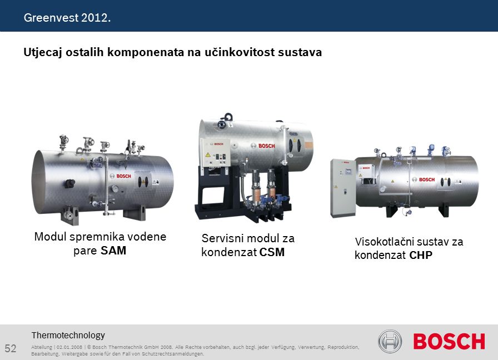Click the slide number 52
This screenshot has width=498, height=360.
11,348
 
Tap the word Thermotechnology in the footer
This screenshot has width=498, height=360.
68,335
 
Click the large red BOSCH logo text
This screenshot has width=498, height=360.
449,341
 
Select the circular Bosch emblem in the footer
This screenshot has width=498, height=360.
390,341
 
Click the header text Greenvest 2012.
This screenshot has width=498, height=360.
67,17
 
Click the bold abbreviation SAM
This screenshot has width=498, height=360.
113,251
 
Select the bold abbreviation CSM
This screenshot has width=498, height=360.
272,252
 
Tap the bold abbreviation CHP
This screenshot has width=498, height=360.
421,255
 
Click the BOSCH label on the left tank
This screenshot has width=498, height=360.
123,176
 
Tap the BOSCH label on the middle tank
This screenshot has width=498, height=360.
266,146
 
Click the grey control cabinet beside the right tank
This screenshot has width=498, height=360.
343,188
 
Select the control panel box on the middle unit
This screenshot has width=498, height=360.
216,153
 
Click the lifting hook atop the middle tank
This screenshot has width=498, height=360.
228,117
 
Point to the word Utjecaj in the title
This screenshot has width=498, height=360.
43,52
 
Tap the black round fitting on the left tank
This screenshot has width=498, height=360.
70,183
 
